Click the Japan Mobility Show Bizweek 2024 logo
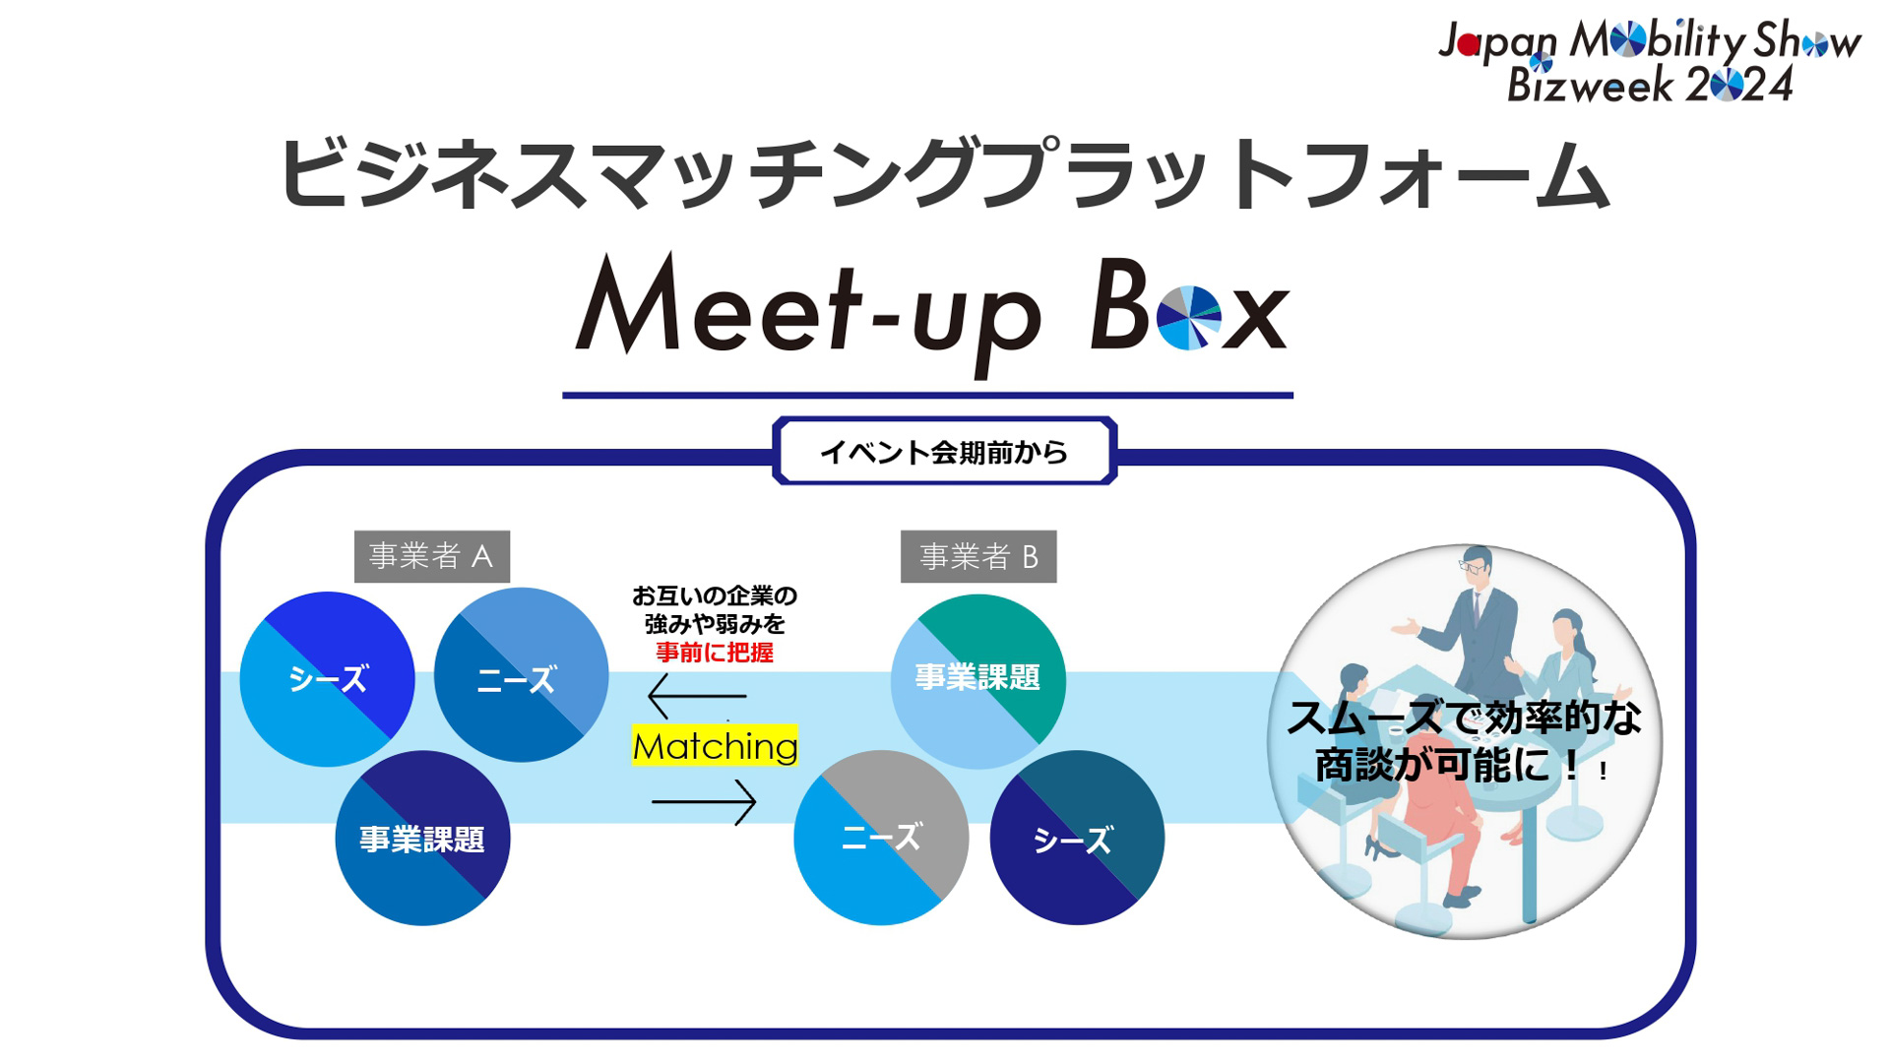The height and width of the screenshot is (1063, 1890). click(x=1649, y=62)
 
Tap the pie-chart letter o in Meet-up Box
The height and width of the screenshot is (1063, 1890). click(x=1188, y=318)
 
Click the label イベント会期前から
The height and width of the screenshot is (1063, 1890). click(x=944, y=452)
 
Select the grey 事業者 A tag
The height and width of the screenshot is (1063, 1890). click(x=431, y=556)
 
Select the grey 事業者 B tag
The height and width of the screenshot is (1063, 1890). click(x=977, y=557)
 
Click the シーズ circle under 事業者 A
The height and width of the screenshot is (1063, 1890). click(x=327, y=679)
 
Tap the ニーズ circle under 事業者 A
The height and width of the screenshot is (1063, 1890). click(x=520, y=676)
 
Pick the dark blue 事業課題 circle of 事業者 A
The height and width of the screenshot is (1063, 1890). click(x=422, y=839)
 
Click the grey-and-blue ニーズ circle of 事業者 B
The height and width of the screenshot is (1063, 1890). click(x=880, y=838)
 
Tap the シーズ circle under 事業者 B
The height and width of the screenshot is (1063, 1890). click(x=1076, y=839)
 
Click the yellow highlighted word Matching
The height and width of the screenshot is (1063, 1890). click(x=715, y=746)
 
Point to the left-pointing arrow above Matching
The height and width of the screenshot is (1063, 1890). click(x=697, y=696)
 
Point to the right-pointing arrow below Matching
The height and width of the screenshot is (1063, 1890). click(x=704, y=802)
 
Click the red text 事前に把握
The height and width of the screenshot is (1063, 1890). click(x=715, y=653)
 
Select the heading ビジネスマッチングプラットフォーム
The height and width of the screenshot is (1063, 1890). click(x=943, y=175)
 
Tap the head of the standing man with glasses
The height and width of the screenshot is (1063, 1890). click(x=1475, y=566)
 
